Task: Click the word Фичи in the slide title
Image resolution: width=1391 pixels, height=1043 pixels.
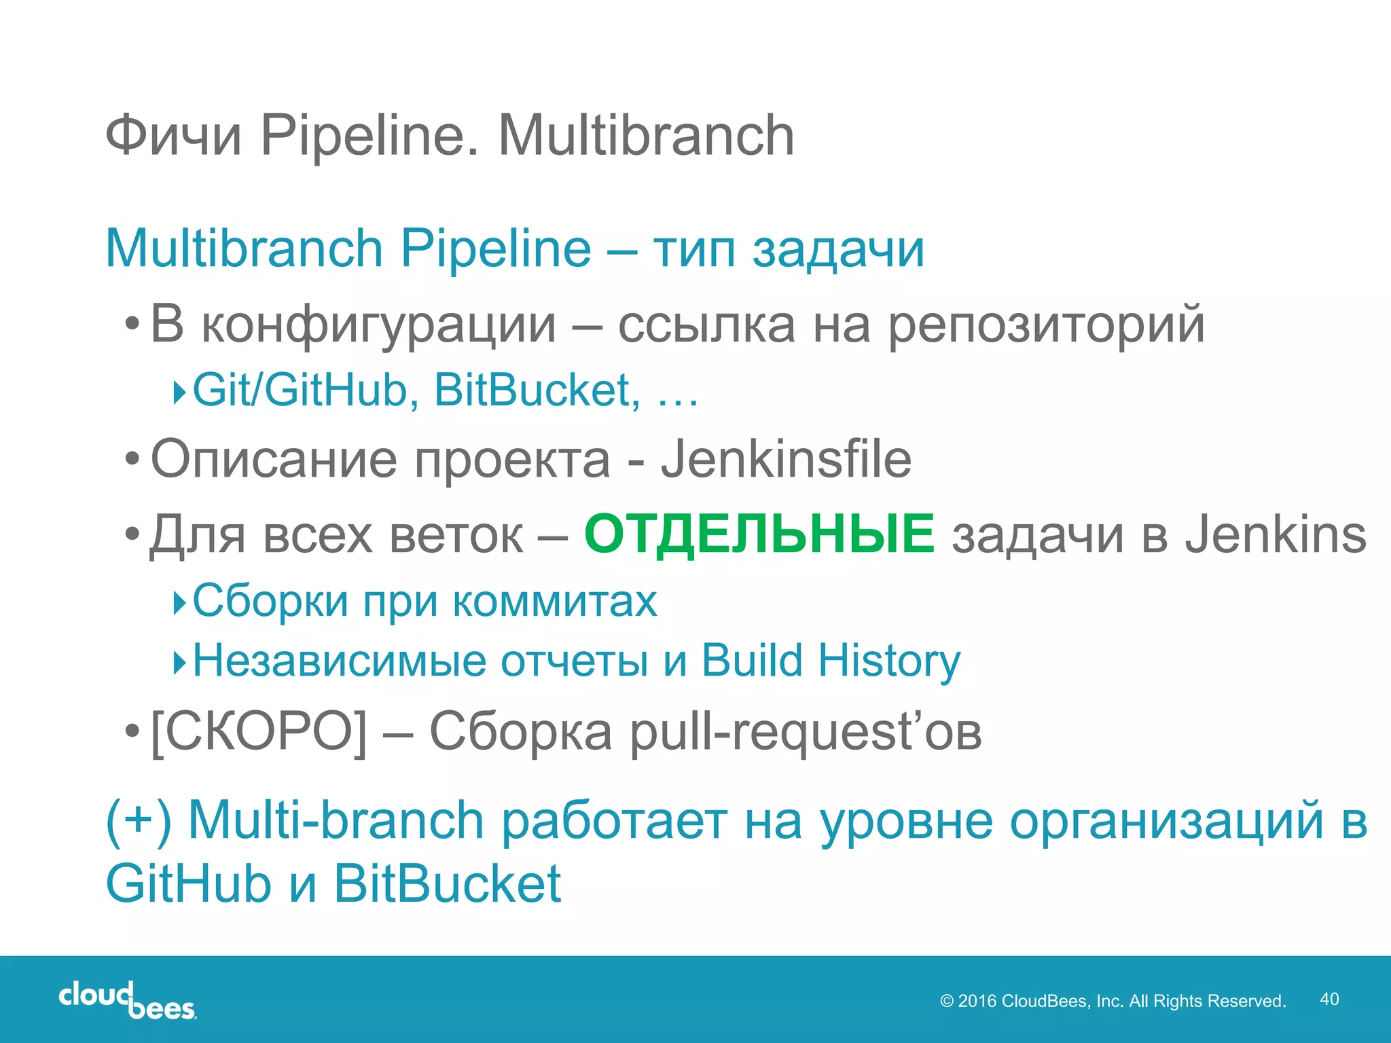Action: [x=174, y=136]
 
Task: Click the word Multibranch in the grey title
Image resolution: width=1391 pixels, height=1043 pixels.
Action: [x=646, y=136]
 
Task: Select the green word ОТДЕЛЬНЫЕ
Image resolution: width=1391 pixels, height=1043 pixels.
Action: [x=759, y=534]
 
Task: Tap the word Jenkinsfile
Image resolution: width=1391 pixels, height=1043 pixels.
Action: [x=786, y=460]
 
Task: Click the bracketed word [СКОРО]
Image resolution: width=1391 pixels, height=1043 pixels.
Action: [x=259, y=732]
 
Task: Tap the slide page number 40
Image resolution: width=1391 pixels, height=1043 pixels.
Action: [x=1329, y=999]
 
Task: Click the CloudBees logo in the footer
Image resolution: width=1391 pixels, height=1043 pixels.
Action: [x=128, y=1000]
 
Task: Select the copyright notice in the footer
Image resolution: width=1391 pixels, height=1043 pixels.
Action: [x=1113, y=1001]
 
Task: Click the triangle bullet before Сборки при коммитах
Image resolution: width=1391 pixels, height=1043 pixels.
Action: [x=179, y=602]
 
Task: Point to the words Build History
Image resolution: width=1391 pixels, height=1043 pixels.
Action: [x=831, y=661]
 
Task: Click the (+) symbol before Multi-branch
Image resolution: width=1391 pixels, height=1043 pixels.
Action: [x=139, y=820]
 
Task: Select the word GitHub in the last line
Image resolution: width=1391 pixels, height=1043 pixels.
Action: [x=189, y=884]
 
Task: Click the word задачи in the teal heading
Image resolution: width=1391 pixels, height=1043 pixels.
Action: [x=838, y=250]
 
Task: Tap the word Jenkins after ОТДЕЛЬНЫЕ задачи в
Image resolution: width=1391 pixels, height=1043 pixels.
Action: [x=1276, y=535]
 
